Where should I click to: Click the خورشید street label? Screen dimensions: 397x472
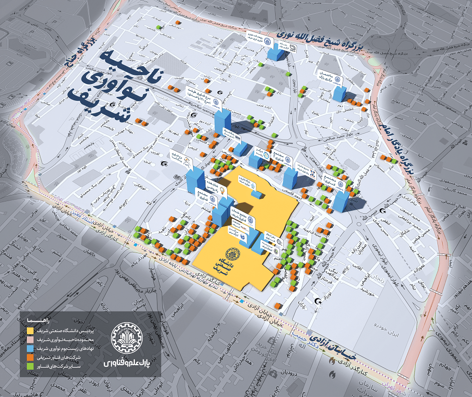(x=367, y=291)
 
